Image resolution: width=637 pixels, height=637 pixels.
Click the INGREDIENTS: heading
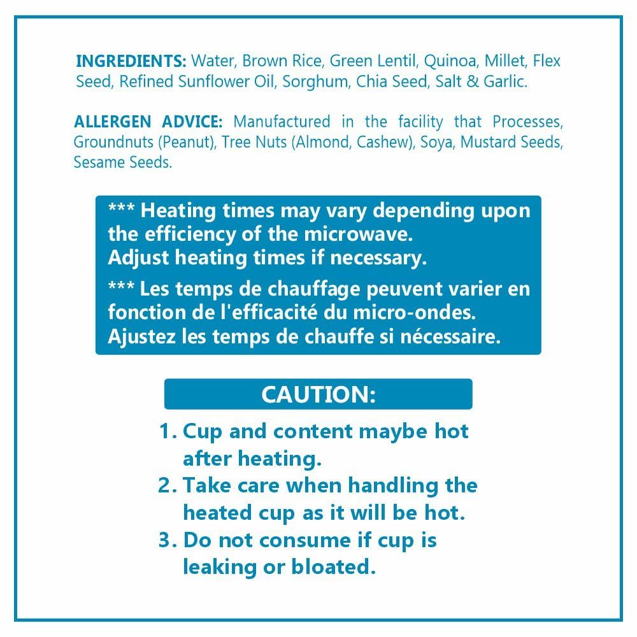point(131,61)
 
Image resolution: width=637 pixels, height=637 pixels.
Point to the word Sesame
point(99,162)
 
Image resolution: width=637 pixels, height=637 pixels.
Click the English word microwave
point(358,234)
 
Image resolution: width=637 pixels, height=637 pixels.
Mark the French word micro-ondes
point(415,313)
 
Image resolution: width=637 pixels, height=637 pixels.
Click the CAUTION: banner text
point(318,394)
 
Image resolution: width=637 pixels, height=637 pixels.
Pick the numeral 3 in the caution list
point(165,540)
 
